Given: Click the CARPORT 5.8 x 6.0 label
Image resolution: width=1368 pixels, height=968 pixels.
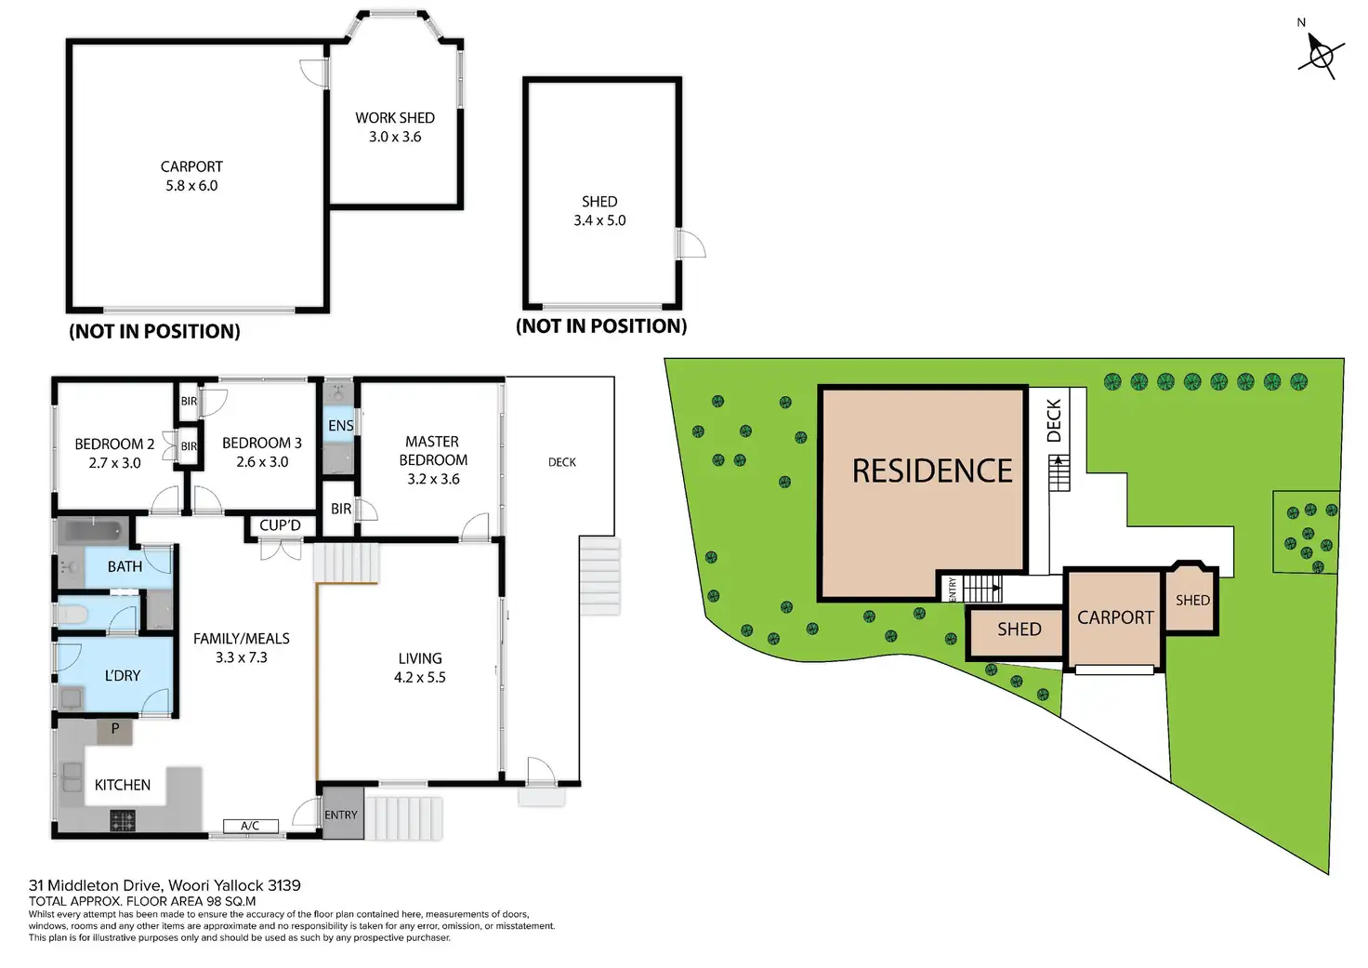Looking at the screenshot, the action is pos(191,176).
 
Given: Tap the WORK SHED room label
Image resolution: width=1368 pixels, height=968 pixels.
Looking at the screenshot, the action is pos(395,127).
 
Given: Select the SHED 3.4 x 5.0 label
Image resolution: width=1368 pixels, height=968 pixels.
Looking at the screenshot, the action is pos(599,211).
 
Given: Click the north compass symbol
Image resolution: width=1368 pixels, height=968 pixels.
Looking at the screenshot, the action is pos(1321,55).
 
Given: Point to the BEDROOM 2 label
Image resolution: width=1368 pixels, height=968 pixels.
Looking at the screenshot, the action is pos(114,453).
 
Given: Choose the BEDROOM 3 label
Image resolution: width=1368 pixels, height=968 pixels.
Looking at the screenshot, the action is pos(262,452).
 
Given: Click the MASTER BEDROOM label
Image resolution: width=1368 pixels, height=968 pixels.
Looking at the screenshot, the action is pos(432,459).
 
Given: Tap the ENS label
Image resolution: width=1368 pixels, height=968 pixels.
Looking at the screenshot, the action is pos(340,426).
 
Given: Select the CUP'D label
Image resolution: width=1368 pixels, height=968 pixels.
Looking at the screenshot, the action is pos(280,525).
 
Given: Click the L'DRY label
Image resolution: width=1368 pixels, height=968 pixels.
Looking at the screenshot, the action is pos(123,675).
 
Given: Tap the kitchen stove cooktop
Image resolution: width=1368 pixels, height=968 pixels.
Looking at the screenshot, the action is pos(123,820).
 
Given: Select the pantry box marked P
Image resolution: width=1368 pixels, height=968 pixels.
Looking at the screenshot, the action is pos(115,730).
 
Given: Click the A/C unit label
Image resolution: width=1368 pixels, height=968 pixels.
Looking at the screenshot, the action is pos(250,826).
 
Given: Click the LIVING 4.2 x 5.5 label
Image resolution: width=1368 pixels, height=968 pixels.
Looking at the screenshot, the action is pos(420,668).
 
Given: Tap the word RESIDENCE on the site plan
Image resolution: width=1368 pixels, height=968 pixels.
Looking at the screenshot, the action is pos(932,471).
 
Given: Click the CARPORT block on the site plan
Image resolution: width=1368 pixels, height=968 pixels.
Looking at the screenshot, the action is pos(1114,618).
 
